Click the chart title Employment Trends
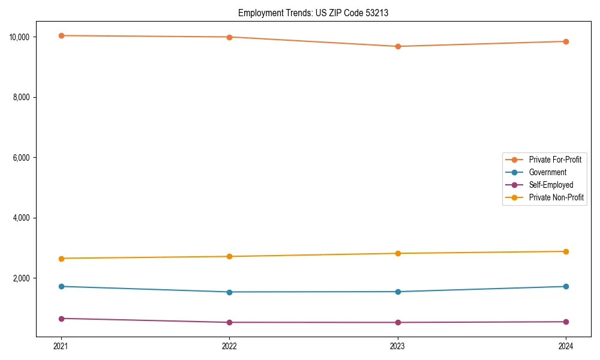click(313, 13)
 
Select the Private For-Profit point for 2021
click(61, 35)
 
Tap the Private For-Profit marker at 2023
click(398, 46)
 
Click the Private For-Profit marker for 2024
click(566, 41)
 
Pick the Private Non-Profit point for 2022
click(229, 256)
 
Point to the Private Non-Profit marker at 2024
click(566, 251)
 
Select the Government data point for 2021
click(61, 286)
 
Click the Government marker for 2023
click(398, 292)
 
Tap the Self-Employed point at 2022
click(229, 322)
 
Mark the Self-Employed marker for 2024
click(566, 322)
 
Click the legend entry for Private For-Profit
click(554, 160)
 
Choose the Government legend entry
click(547, 172)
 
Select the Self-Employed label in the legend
click(551, 185)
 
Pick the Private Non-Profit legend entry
click(556, 197)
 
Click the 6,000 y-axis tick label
click(22, 157)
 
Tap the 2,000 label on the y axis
click(22, 278)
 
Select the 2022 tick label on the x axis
click(229, 346)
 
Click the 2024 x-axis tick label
click(566, 346)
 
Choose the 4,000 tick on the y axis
click(22, 218)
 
